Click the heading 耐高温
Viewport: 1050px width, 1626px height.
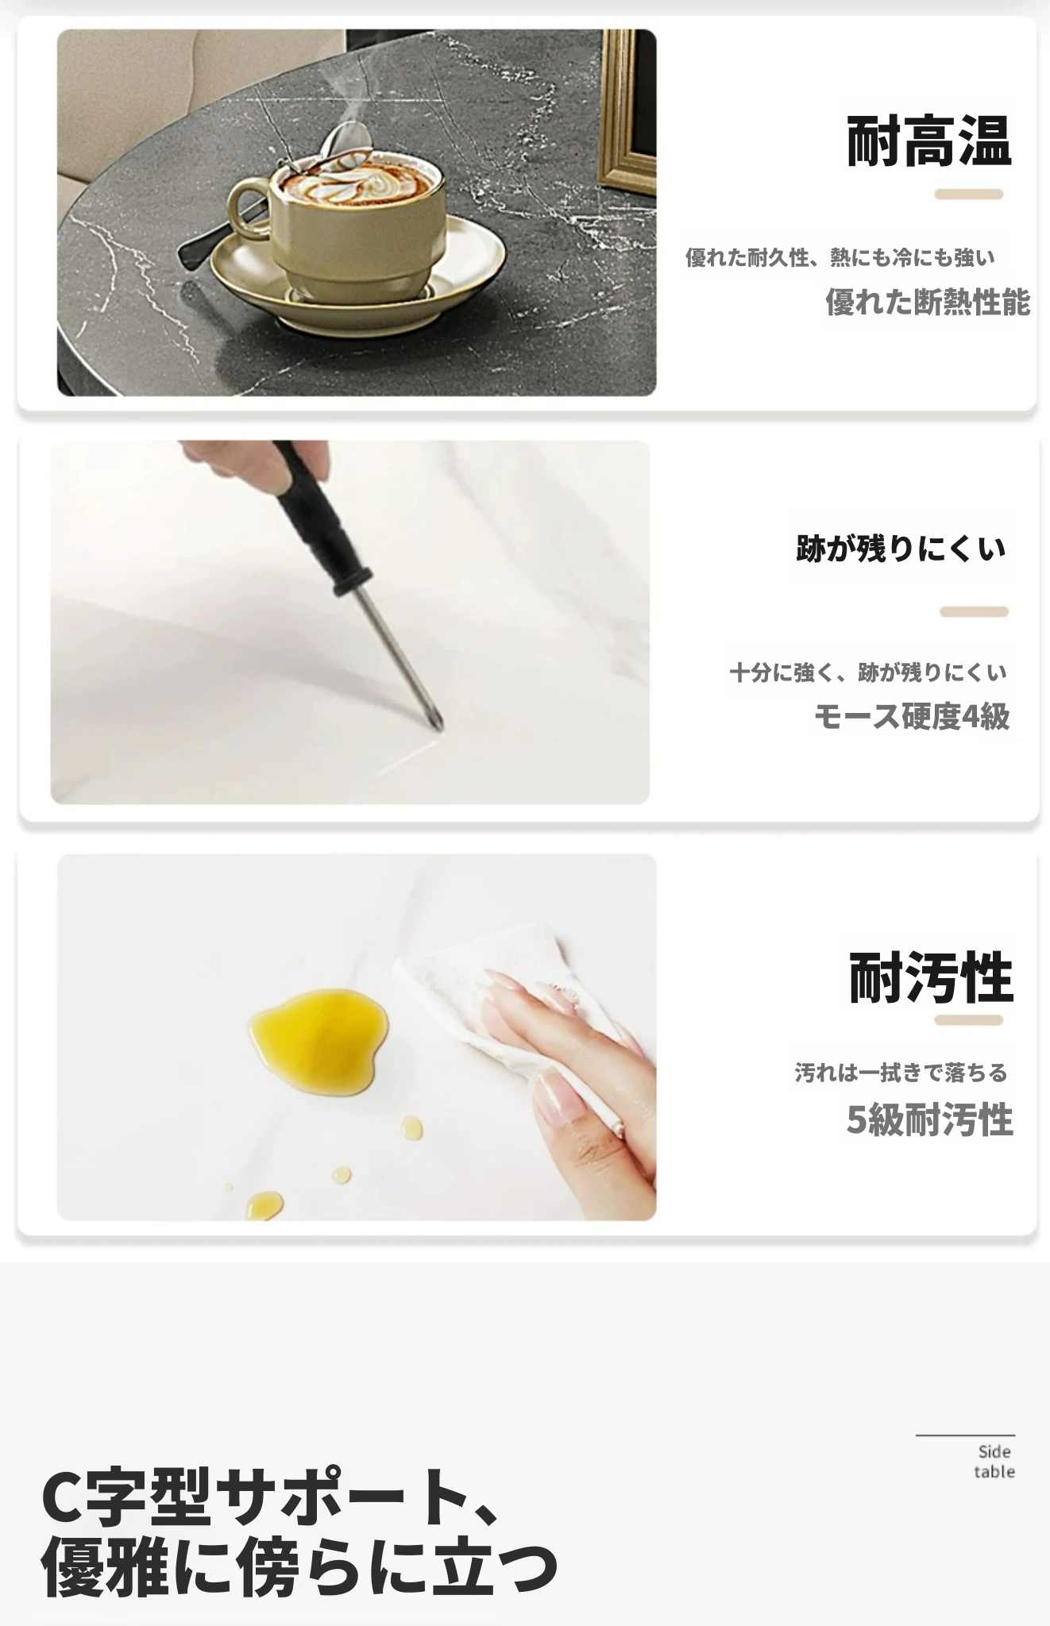pyautogui.click(x=928, y=141)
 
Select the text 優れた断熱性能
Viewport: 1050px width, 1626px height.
pyautogui.click(x=928, y=302)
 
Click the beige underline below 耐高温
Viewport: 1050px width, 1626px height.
pyautogui.click(x=968, y=194)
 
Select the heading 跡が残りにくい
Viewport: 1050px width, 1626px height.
pyautogui.click(x=901, y=548)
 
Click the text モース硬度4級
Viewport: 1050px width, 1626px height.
pyautogui.click(x=912, y=716)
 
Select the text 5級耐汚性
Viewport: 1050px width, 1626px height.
pyautogui.click(x=929, y=1119)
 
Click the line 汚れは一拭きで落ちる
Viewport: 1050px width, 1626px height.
pyautogui.click(x=901, y=1073)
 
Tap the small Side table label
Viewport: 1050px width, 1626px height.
pyautogui.click(x=994, y=1462)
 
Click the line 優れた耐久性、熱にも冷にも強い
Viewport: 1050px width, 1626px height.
pyautogui.click(x=840, y=257)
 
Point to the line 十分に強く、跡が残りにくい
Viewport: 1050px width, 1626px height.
pyautogui.click(x=868, y=672)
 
